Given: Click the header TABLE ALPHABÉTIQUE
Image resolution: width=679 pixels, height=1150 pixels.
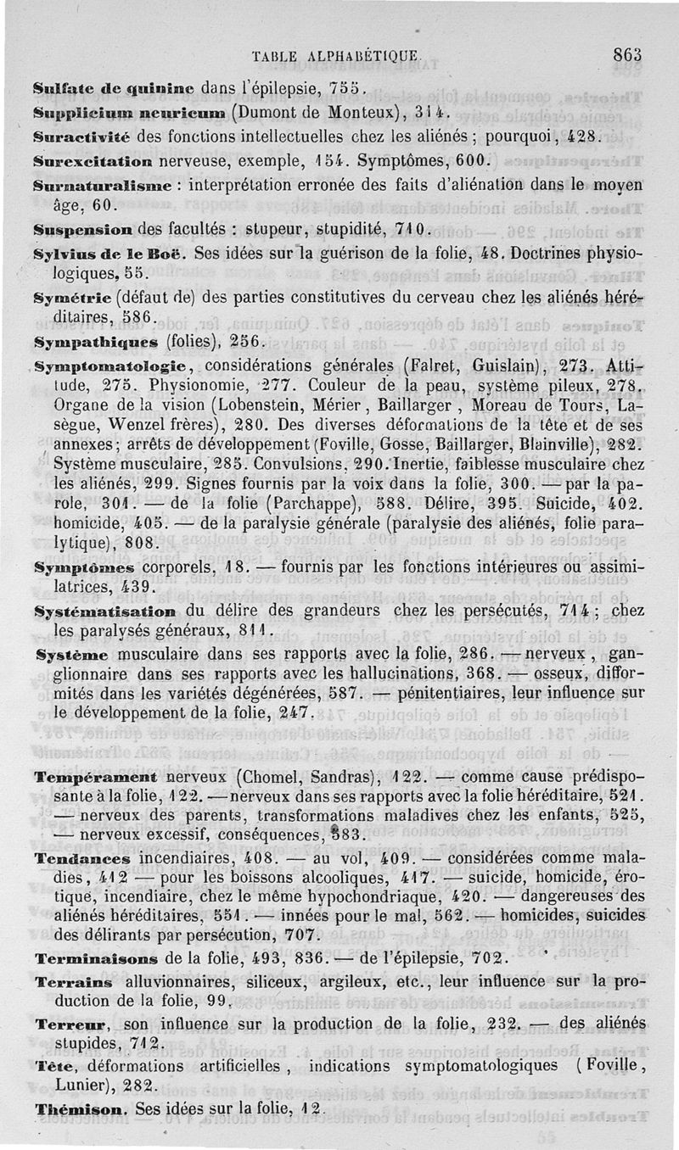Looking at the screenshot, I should click(x=336, y=57).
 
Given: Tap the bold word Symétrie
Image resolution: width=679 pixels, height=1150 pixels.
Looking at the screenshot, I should click(x=70, y=298).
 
